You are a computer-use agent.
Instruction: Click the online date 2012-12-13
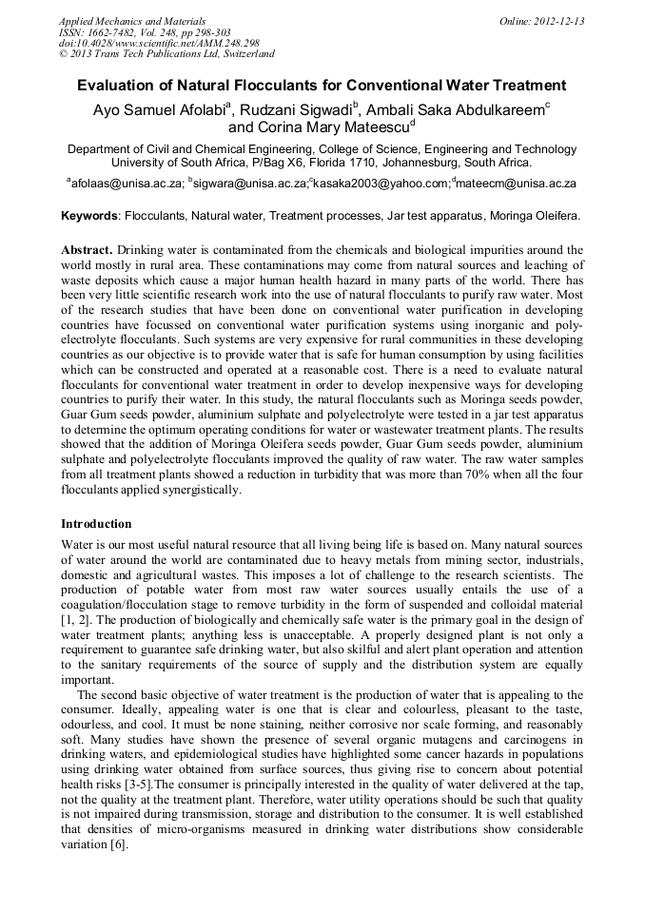[559, 21]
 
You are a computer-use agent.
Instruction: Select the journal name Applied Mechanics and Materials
[132, 21]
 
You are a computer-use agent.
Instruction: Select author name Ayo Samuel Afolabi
[158, 108]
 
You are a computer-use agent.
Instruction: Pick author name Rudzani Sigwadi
[296, 108]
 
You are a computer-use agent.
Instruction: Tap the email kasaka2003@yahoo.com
[381, 183]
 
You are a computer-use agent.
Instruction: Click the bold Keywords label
[89, 216]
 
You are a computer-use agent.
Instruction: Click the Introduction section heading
[96, 524]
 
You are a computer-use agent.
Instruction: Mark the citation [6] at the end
[118, 844]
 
